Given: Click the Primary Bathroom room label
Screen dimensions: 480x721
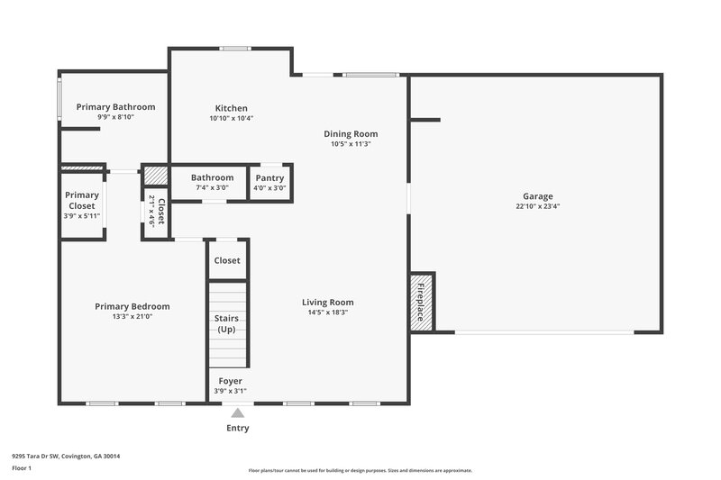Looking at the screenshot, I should click(x=115, y=106).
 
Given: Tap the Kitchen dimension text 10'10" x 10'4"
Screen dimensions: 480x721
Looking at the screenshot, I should click(x=232, y=118).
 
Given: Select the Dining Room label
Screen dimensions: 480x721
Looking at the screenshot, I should click(x=351, y=133).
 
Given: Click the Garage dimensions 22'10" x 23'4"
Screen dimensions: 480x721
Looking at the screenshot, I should click(x=538, y=206).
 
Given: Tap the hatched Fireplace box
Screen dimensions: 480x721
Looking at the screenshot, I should click(x=421, y=302).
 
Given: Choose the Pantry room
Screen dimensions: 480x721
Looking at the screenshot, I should click(x=269, y=182).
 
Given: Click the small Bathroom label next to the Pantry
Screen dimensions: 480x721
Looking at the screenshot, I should click(x=212, y=177).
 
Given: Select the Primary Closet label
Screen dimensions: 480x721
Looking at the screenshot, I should click(x=82, y=200).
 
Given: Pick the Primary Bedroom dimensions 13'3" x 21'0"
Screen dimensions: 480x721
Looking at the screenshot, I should click(x=132, y=316).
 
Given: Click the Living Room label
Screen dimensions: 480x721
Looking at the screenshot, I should click(x=327, y=302).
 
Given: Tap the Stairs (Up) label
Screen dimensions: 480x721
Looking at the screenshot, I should click(x=227, y=323).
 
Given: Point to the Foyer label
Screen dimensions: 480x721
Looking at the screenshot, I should click(x=231, y=381).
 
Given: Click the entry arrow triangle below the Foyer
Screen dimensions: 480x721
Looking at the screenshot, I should click(x=237, y=412).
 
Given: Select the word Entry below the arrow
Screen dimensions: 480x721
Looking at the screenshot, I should click(x=237, y=428).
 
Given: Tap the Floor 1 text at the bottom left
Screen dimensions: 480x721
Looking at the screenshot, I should click(x=22, y=468).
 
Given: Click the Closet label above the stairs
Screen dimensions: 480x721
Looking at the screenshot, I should click(x=227, y=260).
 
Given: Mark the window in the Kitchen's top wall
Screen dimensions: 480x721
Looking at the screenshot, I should click(x=236, y=49).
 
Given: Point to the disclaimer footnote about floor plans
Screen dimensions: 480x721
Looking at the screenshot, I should click(x=360, y=470).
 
